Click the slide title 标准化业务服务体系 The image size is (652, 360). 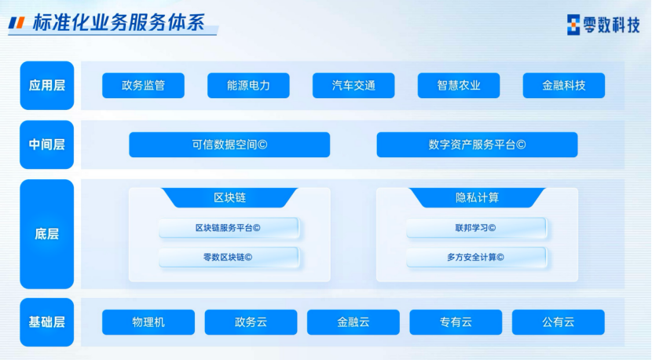(x=119, y=23)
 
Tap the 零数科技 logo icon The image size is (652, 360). (x=573, y=24)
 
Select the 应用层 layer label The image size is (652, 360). (x=47, y=86)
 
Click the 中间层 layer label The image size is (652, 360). (x=47, y=145)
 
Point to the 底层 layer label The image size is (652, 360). (x=47, y=234)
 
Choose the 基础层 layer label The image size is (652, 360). (x=47, y=322)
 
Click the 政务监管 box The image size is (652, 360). (x=144, y=86)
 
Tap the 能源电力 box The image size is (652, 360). (x=249, y=86)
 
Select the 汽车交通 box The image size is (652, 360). (x=353, y=86)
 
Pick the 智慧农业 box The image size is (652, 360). (x=459, y=86)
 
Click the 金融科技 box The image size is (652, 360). (x=564, y=86)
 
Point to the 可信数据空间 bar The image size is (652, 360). (x=229, y=145)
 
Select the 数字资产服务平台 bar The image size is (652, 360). (x=477, y=145)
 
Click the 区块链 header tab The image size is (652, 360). (x=229, y=198)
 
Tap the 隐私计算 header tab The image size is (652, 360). (x=477, y=198)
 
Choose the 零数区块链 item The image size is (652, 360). (x=229, y=257)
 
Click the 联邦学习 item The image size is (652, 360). (x=476, y=228)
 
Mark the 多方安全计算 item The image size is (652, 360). (x=476, y=257)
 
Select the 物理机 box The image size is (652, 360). (x=148, y=322)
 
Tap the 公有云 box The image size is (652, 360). (x=559, y=322)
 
